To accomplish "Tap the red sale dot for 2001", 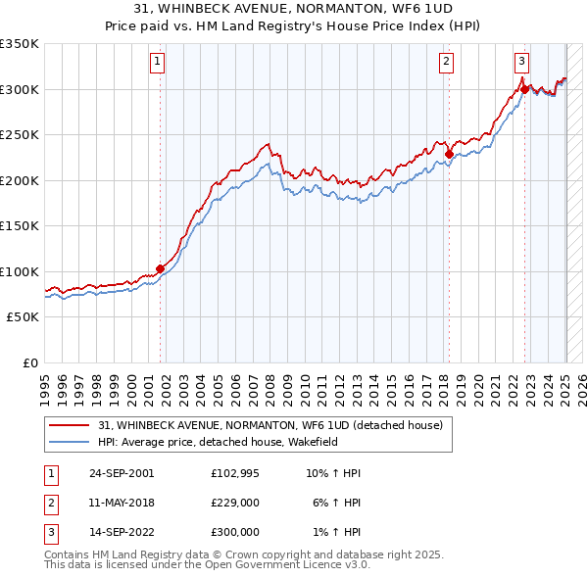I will pos(160,268).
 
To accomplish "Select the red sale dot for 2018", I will pos(448,154).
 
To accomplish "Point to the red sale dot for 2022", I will pos(524,89).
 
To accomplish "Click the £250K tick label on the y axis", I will pos(21,135).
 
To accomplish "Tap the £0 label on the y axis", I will pos(29,363).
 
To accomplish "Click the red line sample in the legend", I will pos(70,425).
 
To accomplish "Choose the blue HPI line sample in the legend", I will pos(70,442).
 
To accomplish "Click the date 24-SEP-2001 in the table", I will pos(122,472).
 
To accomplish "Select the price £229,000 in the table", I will pos(235,502).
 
